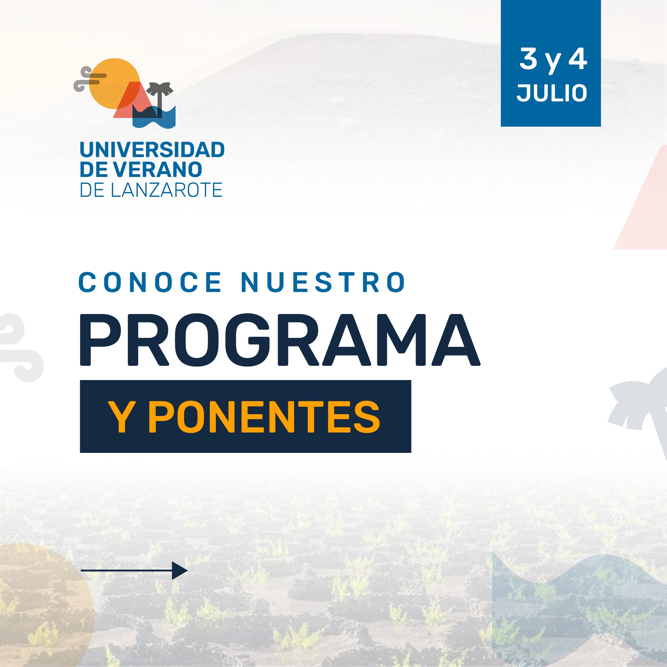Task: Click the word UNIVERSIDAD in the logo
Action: (x=152, y=149)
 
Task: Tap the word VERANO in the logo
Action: (x=157, y=169)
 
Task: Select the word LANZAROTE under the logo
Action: (x=167, y=190)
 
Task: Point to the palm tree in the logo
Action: (x=159, y=98)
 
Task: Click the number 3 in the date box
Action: (x=529, y=59)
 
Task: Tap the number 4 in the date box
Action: (x=577, y=59)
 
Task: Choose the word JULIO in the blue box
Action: (x=552, y=93)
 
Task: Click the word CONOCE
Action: (x=150, y=282)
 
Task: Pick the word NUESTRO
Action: (x=323, y=282)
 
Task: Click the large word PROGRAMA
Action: (x=280, y=340)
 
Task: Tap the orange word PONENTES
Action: (x=264, y=417)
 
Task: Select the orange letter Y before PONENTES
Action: (x=122, y=417)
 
